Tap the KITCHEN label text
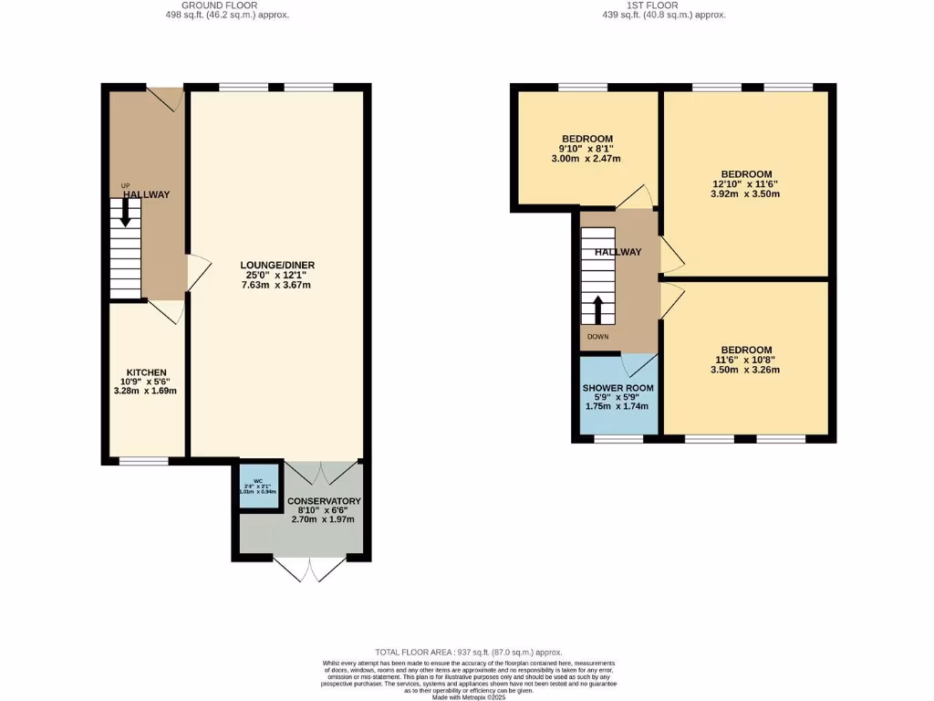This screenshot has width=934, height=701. click(146, 372)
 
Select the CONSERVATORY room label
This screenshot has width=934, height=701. click(324, 501)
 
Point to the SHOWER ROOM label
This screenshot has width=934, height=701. click(617, 388)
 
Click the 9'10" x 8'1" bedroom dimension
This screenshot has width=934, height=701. click(586, 149)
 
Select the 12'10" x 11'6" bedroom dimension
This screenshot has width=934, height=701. click(746, 183)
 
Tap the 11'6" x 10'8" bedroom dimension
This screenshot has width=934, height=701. click(746, 360)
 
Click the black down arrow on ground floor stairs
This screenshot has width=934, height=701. click(126, 213)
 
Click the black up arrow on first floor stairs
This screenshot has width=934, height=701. click(598, 310)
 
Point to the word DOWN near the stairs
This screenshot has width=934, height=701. click(597, 337)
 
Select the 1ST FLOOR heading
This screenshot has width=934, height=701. click(650, 5)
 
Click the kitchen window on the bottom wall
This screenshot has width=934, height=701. click(143, 461)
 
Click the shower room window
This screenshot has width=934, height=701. click(618, 439)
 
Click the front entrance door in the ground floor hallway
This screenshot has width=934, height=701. click(166, 99)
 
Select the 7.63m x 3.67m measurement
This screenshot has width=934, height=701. click(276, 285)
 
